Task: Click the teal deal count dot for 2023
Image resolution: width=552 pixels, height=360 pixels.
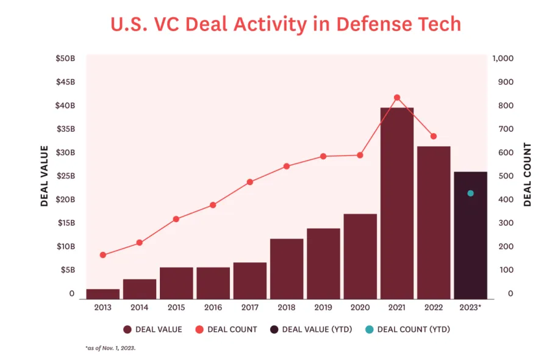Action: tap(470, 193)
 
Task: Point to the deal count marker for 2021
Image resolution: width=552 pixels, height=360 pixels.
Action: tap(397, 98)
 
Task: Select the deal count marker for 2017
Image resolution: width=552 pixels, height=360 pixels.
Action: tap(250, 182)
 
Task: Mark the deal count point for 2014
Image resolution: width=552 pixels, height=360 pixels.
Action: tap(140, 243)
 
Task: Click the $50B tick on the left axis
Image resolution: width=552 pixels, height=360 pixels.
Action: tap(66, 59)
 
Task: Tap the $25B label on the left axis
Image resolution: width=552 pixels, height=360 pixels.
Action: tap(66, 176)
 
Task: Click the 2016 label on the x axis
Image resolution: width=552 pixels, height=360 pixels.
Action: tap(213, 307)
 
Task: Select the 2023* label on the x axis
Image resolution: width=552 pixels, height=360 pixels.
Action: tap(470, 307)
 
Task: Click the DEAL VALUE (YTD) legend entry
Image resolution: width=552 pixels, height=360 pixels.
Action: tap(309, 329)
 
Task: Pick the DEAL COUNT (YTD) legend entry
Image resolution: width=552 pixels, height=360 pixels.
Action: tap(407, 329)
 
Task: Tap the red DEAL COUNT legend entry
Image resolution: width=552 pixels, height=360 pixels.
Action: tap(226, 329)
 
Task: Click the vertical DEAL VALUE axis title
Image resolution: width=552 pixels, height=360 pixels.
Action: tap(44, 176)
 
